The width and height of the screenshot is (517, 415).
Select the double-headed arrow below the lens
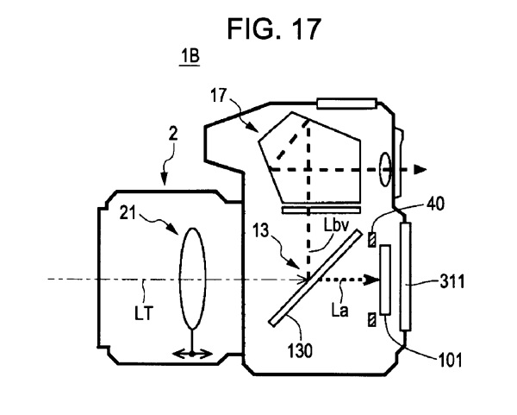pyautogui.click(x=193, y=353)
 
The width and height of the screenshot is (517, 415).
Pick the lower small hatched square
pyautogui.click(x=372, y=320)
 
